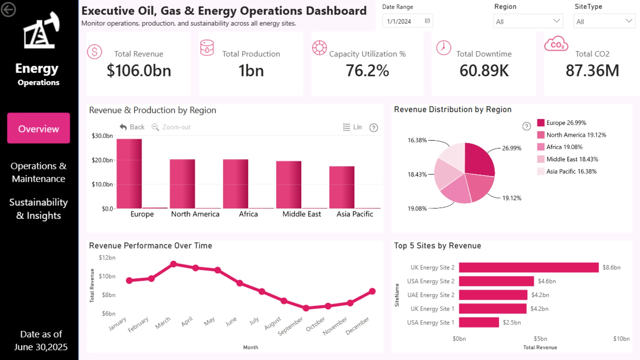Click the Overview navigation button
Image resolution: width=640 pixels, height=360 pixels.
click(39, 128)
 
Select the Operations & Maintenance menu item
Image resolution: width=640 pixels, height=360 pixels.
click(39, 172)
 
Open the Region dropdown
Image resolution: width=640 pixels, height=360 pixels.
click(528, 21)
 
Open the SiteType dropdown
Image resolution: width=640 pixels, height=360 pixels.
click(604, 21)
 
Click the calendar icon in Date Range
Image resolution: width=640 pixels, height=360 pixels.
click(427, 21)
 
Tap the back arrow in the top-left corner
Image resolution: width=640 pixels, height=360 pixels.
click(8, 9)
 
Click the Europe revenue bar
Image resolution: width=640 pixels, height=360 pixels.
click(129, 174)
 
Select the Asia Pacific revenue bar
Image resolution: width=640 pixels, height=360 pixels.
click(342, 187)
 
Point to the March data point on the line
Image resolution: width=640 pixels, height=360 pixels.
click(173, 264)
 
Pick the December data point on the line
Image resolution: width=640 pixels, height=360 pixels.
click(372, 291)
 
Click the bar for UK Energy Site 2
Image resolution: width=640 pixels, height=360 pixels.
click(529, 267)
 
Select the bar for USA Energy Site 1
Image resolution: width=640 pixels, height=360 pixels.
click(479, 322)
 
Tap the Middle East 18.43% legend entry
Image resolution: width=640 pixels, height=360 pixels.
click(568, 159)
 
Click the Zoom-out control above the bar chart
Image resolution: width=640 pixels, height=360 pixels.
click(171, 127)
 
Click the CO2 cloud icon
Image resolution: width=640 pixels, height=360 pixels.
click(556, 44)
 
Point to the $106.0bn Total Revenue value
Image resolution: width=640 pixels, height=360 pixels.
click(139, 71)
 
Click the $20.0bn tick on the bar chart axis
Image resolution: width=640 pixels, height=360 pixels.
click(102, 160)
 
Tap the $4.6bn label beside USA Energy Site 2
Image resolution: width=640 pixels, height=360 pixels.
click(547, 281)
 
